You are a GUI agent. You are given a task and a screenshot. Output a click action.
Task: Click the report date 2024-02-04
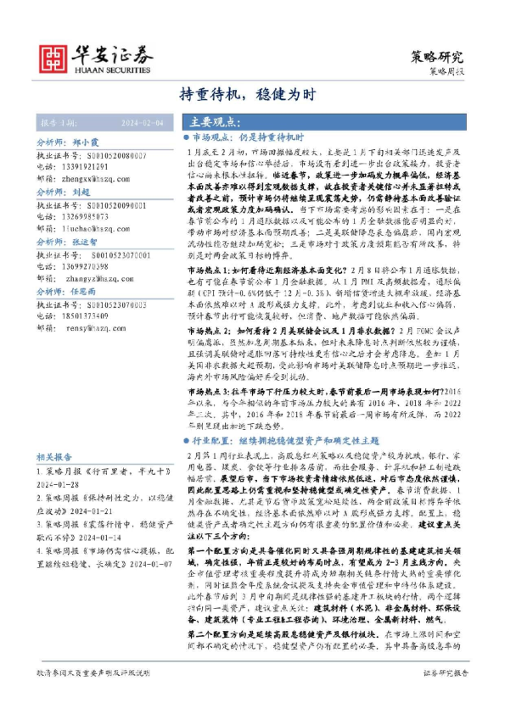(x=140, y=122)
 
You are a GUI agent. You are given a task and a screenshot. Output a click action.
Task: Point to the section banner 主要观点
(x=213, y=122)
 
